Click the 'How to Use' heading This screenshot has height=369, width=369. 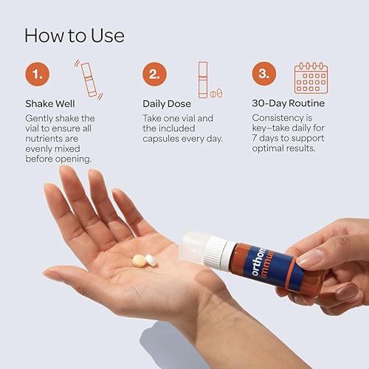(74, 35)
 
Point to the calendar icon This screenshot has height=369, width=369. (311, 77)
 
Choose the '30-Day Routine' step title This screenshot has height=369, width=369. (289, 103)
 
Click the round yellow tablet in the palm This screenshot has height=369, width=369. (139, 260)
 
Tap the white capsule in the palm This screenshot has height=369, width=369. (151, 260)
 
